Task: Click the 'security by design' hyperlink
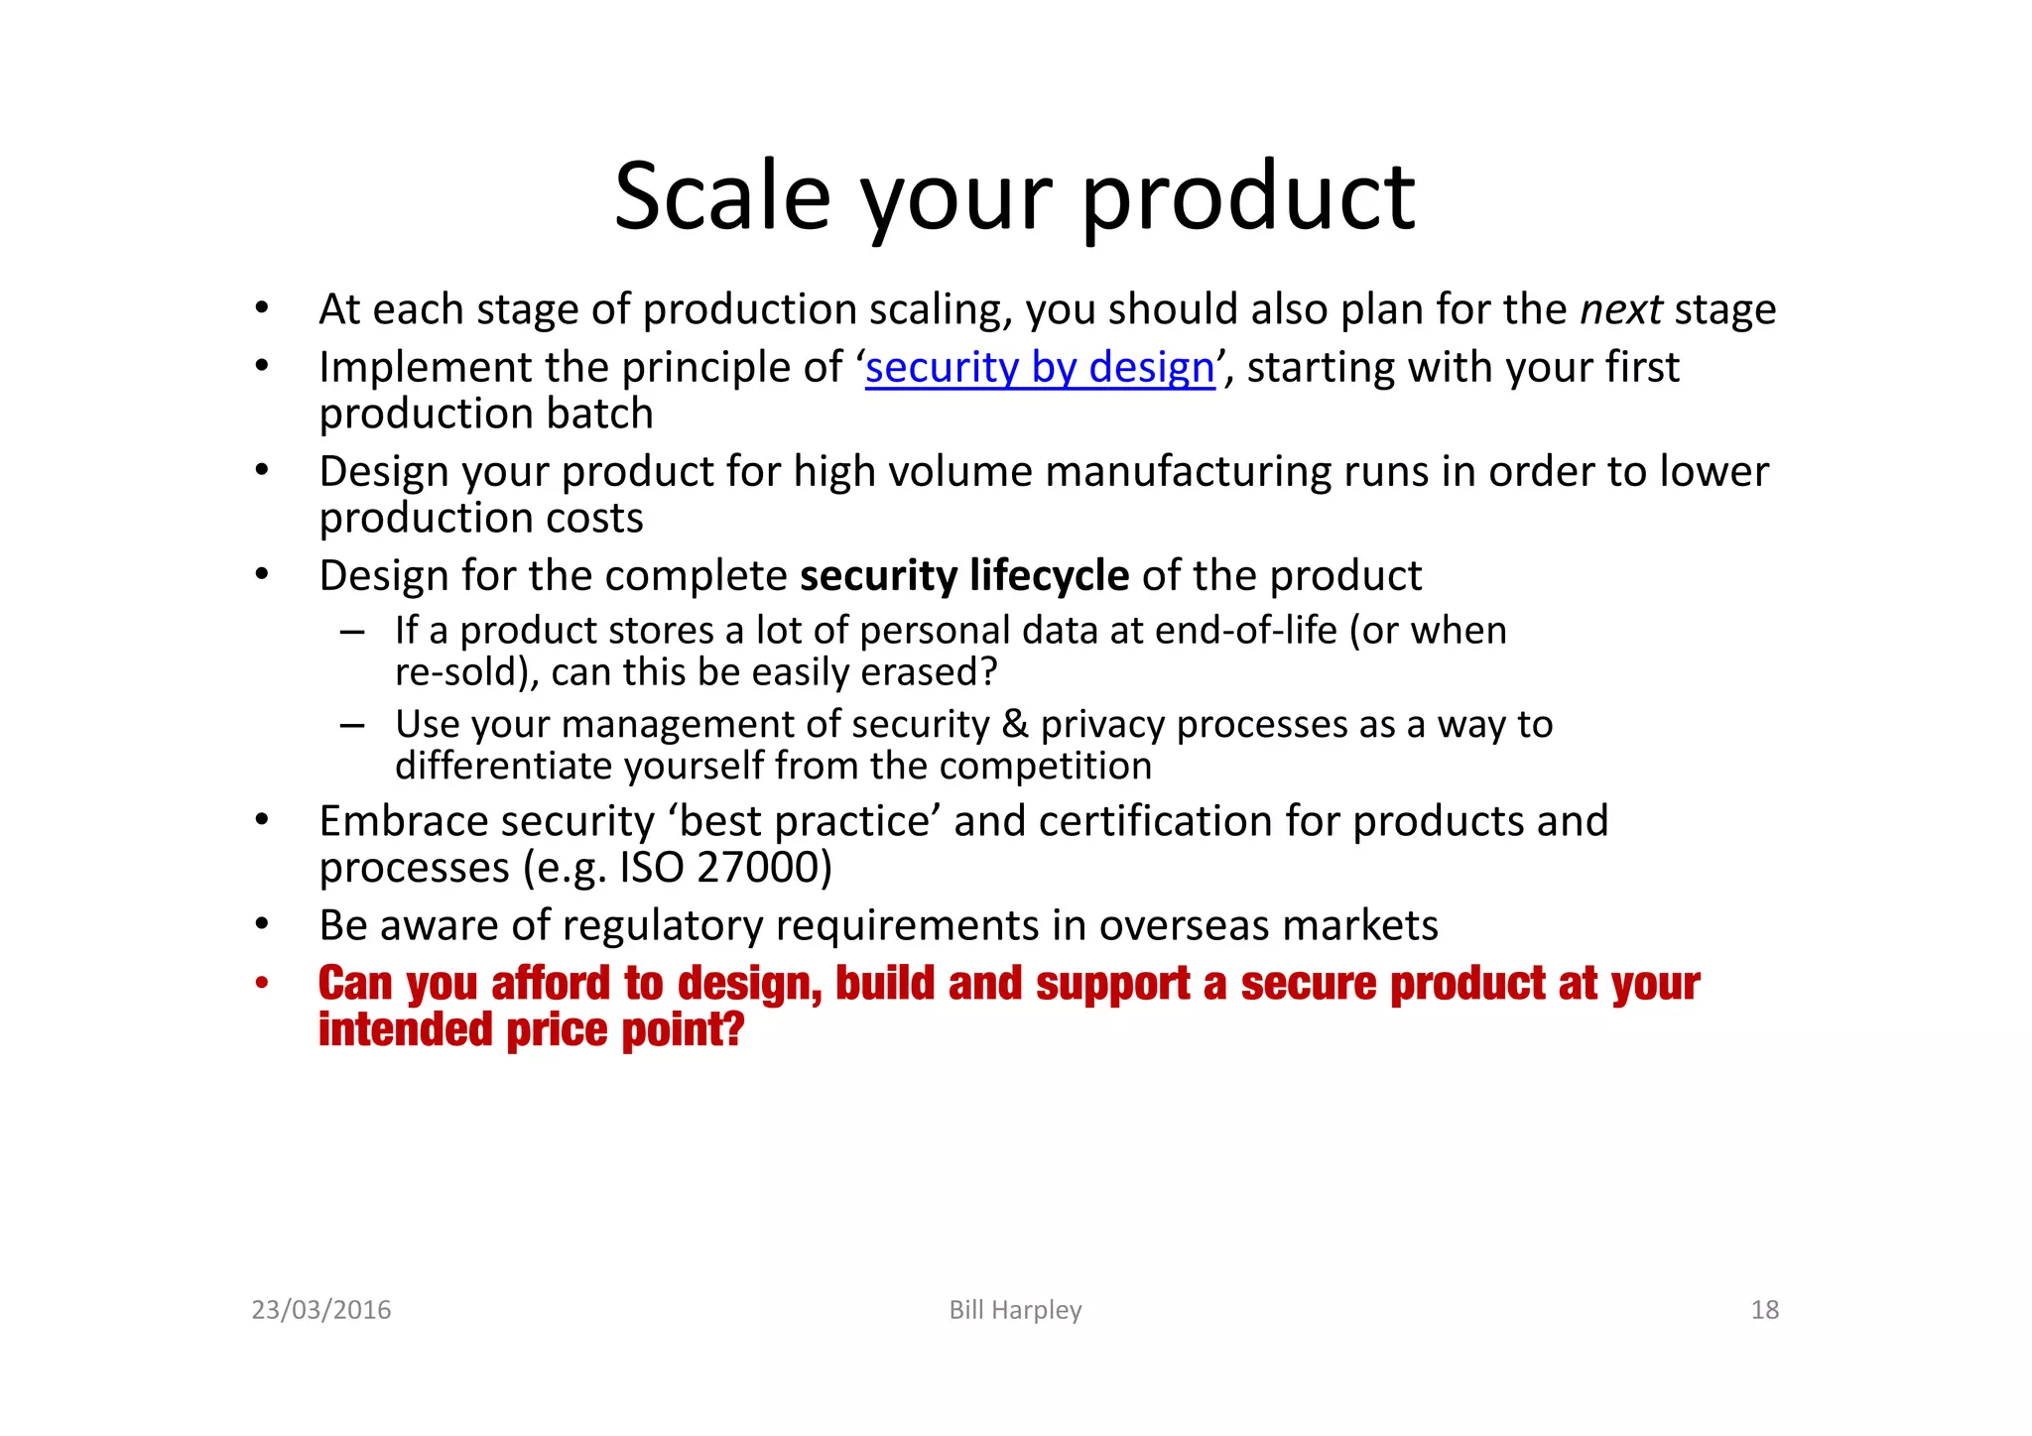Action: (1040, 368)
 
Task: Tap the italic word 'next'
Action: (1620, 309)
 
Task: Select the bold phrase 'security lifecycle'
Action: (964, 575)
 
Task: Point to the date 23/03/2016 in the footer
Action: (321, 1310)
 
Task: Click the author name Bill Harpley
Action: (1015, 1310)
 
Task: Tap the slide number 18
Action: (1764, 1310)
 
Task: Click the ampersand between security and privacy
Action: (1015, 725)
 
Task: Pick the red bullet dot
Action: (262, 984)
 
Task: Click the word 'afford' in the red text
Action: (551, 984)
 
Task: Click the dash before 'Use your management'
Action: (352, 725)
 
